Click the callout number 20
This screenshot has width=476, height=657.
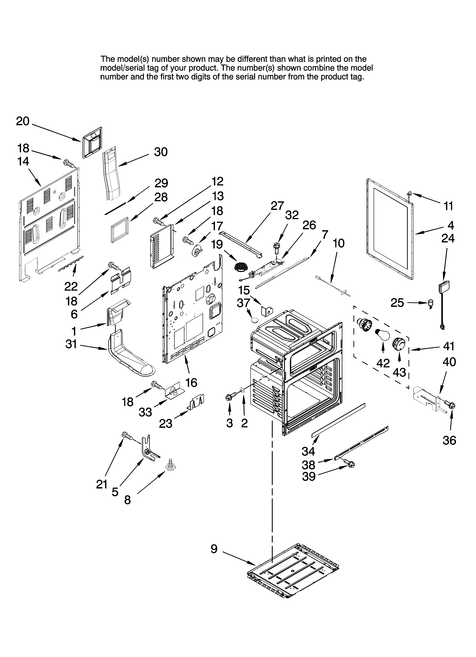point(23,121)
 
